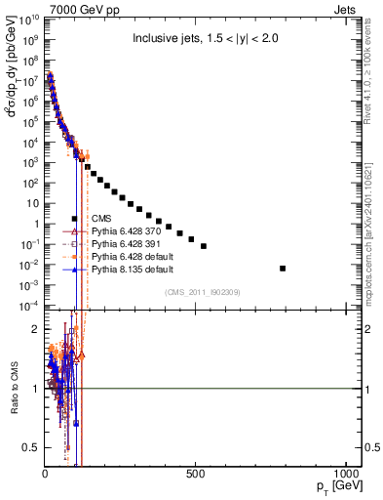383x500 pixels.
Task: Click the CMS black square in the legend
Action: coord(74,219)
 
